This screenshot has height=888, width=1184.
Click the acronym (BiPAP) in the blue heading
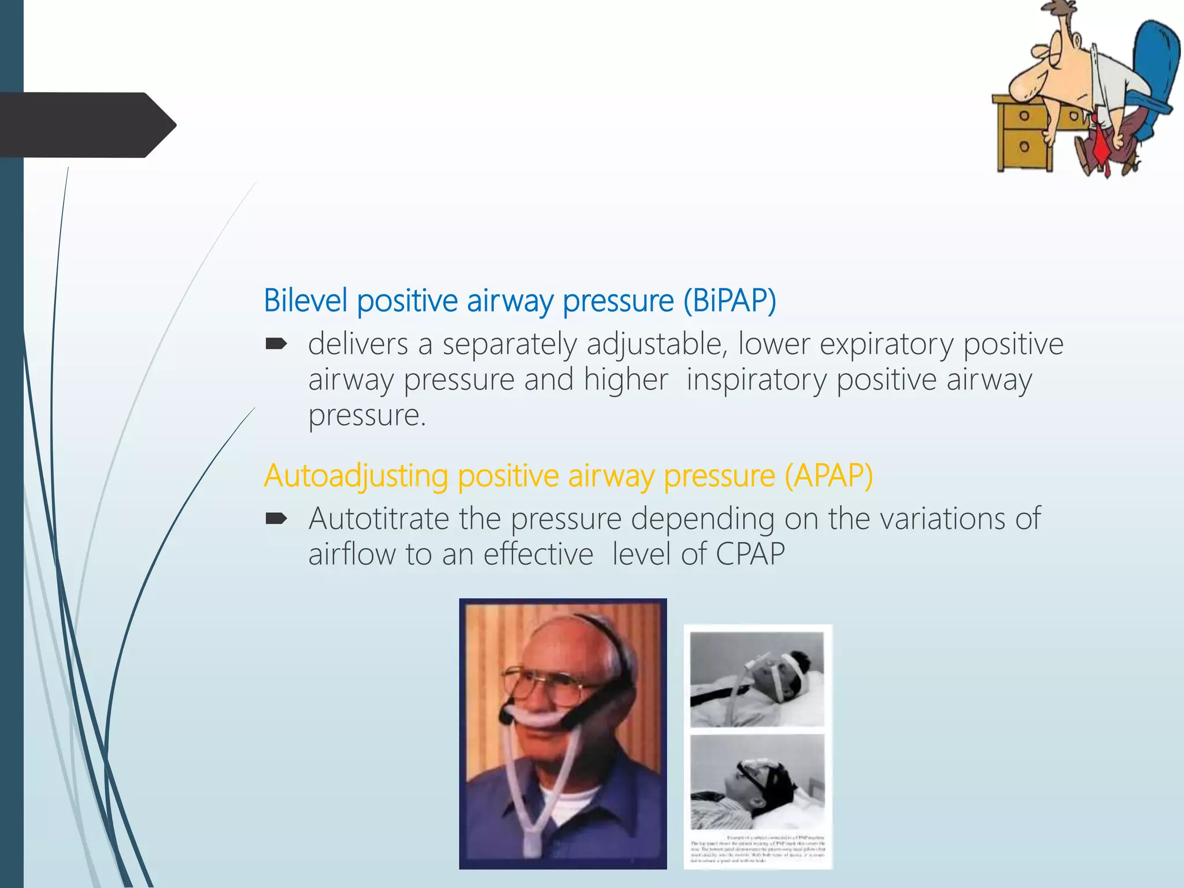(730, 301)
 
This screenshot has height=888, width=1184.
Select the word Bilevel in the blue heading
(306, 301)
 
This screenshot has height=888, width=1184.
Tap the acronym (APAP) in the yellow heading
(828, 476)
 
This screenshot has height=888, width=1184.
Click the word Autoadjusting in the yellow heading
(356, 477)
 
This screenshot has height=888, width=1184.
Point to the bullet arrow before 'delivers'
(276, 345)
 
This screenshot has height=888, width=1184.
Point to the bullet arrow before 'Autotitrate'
(276, 519)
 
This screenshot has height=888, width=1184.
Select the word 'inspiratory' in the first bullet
(756, 380)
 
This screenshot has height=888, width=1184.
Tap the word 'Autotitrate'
(379, 519)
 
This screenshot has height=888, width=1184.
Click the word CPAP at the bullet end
(750, 554)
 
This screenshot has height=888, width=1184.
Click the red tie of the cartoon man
(1101, 145)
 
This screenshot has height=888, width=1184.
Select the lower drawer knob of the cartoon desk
(1024, 146)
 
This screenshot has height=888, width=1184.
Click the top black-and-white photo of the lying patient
(757, 679)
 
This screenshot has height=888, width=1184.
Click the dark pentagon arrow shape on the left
(87, 125)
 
